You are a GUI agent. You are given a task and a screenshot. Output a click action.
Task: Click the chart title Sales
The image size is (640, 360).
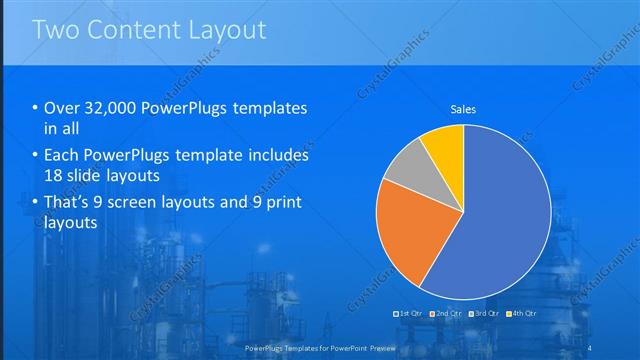point(463,108)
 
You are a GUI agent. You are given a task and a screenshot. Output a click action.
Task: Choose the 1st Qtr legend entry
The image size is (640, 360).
point(410,314)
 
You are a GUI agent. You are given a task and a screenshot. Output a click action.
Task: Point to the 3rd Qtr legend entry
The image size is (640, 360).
point(484,314)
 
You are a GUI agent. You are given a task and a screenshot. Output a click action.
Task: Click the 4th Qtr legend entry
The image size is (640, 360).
point(521,314)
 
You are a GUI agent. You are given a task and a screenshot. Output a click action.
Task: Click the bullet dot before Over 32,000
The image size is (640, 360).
point(36,108)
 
